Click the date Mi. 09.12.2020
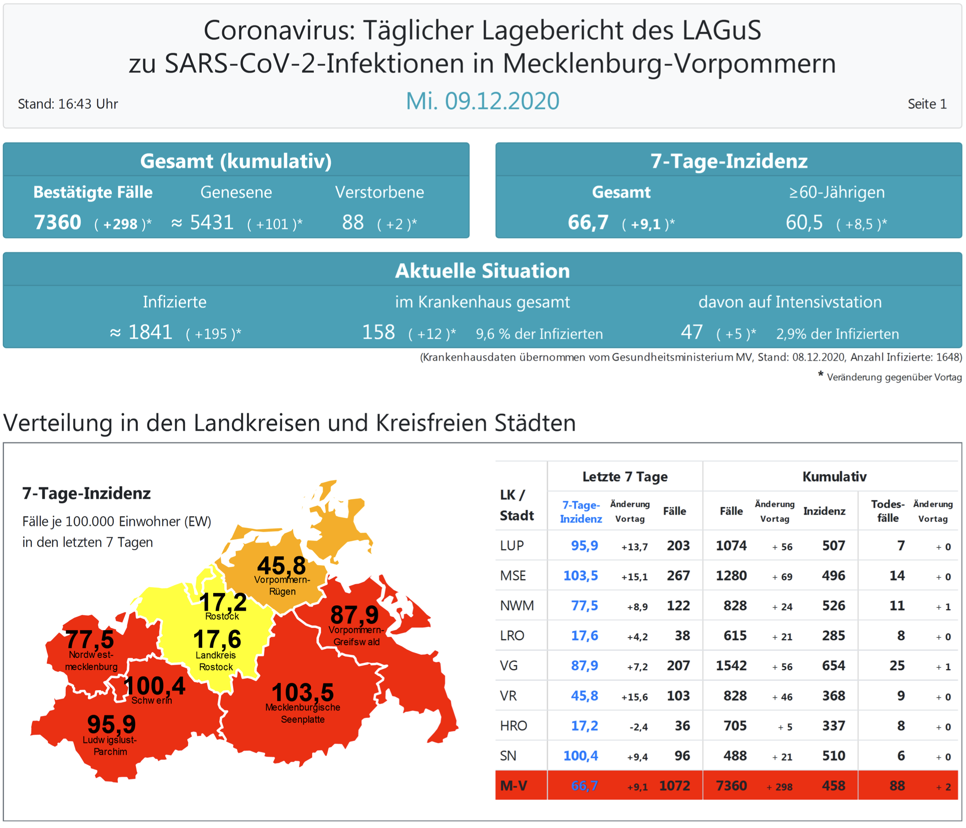[482, 101]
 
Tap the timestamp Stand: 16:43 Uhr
[68, 103]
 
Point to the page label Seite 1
[926, 103]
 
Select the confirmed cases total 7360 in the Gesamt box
[57, 223]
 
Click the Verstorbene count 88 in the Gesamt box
[352, 223]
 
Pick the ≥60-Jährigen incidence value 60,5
[804, 223]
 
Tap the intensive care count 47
[691, 332]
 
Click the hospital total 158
[378, 332]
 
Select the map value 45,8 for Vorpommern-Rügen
[282, 566]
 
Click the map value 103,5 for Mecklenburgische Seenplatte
[302, 692]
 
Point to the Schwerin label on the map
[151, 700]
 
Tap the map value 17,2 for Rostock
[223, 602]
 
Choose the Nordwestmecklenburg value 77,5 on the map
[90, 639]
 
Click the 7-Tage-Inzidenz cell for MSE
[581, 576]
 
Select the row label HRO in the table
[513, 726]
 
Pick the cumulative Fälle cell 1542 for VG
[731, 666]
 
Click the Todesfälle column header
[887, 511]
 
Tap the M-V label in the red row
[513, 786]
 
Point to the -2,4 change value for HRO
[638, 727]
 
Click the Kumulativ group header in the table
[834, 476]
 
